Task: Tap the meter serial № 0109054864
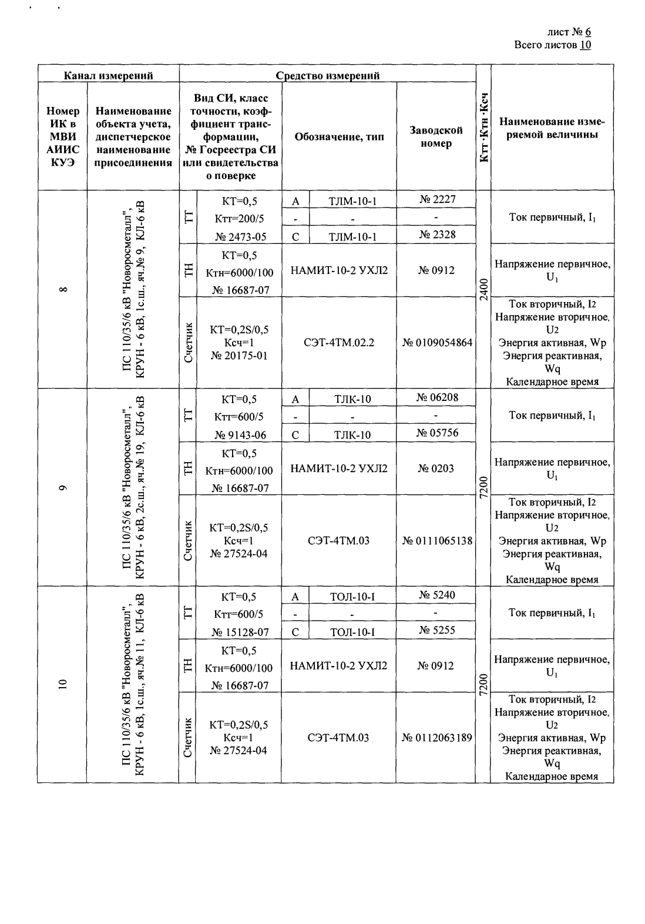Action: [x=437, y=342]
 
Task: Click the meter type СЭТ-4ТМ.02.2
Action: [x=339, y=342]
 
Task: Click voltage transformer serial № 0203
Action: [x=436, y=468]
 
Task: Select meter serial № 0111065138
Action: [x=437, y=540]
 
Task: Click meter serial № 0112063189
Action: [x=437, y=738]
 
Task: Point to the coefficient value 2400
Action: [x=483, y=289]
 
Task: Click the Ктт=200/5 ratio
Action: [x=240, y=219]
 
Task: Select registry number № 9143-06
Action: [x=240, y=435]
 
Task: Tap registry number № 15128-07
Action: [x=240, y=632]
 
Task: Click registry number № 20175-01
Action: [x=240, y=355]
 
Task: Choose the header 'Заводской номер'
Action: [x=436, y=136]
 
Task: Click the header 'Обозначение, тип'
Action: [x=339, y=137]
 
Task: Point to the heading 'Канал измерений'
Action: [x=109, y=75]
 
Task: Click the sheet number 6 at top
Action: [x=587, y=32]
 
